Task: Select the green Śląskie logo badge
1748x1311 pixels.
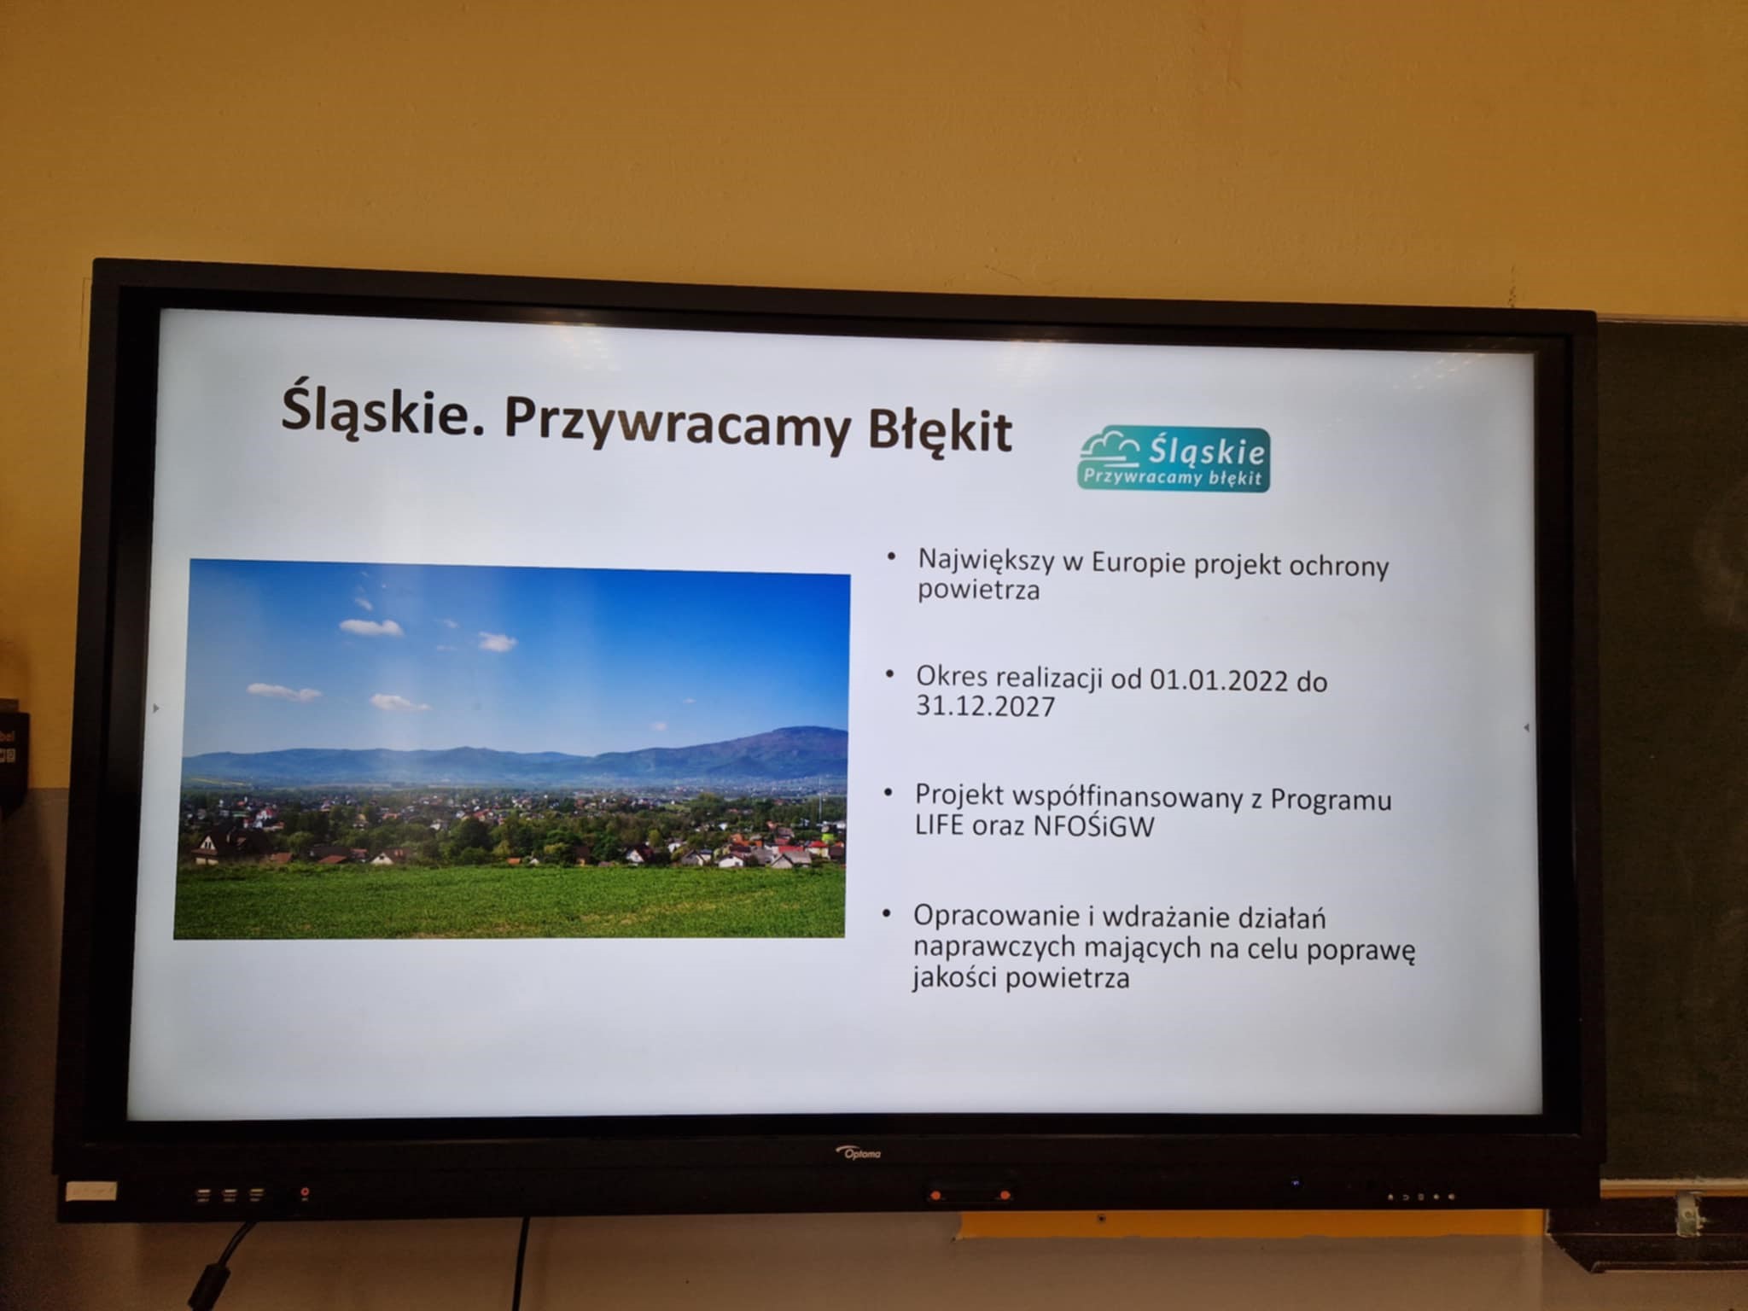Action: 1174,459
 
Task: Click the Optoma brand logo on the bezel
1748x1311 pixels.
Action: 858,1153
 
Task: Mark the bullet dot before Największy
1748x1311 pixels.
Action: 891,556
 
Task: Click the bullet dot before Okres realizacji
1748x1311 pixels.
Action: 889,674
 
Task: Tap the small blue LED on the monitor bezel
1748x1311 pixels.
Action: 1296,1184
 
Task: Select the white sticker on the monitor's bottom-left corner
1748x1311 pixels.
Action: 91,1191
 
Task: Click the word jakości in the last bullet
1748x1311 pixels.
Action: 954,977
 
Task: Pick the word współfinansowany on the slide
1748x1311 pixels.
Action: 1136,797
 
